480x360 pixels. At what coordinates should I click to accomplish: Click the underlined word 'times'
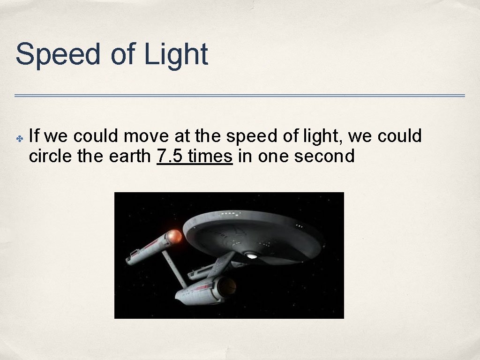tap(210, 156)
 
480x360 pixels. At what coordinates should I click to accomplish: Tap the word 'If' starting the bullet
tap(34, 136)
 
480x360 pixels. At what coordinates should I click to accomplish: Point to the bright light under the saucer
tap(252, 255)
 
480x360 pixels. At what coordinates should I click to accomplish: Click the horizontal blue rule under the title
tap(240, 96)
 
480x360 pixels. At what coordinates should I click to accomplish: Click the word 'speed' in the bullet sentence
tap(248, 137)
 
